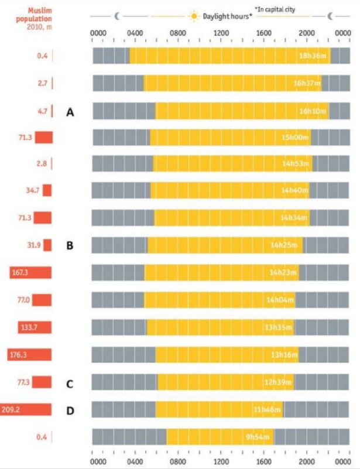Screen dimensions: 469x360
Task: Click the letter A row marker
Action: click(x=70, y=111)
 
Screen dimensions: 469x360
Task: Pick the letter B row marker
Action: click(x=70, y=245)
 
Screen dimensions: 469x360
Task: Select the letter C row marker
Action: click(x=70, y=384)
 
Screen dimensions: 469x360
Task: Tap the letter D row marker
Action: click(x=70, y=410)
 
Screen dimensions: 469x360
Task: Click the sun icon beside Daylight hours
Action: click(x=194, y=16)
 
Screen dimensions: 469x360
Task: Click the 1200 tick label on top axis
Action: click(x=221, y=33)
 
